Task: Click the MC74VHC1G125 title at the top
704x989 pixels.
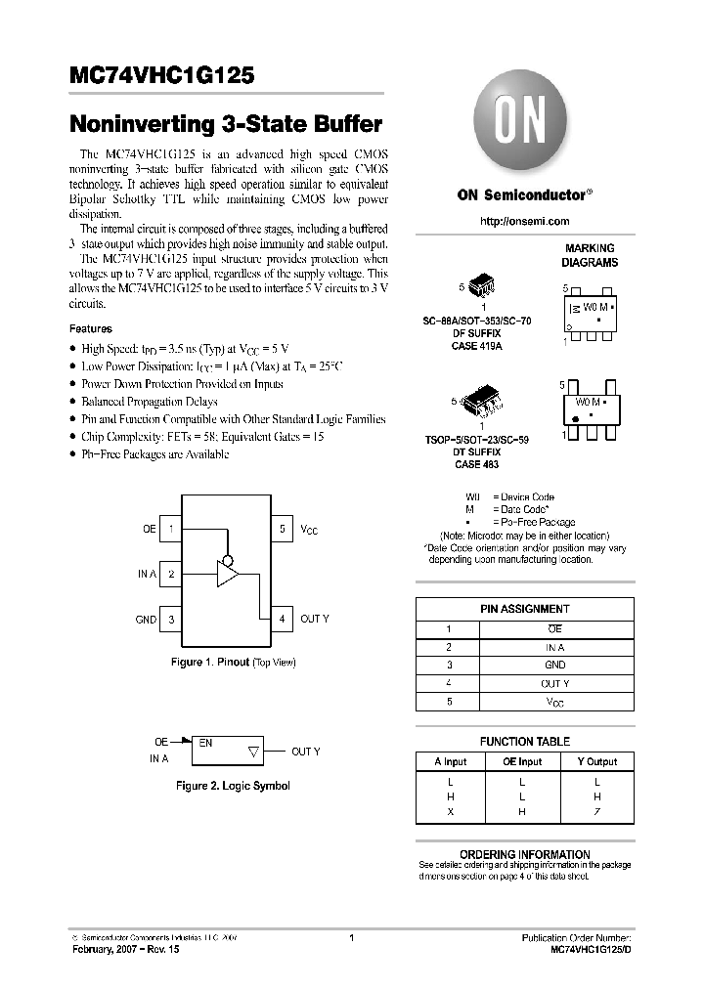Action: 163,76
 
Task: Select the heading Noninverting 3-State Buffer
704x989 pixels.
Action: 225,124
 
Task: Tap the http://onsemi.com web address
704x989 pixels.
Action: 524,222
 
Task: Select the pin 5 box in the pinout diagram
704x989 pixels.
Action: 282,529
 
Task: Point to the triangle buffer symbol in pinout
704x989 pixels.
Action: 227,575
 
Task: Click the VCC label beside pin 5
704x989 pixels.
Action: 309,530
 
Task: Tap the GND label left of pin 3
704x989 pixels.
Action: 146,619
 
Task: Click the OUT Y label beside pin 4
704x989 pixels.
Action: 315,619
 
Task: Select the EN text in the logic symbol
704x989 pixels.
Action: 205,743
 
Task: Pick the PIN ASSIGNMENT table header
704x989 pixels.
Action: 524,609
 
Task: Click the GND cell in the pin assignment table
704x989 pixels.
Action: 554,665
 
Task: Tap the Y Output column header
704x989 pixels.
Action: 595,761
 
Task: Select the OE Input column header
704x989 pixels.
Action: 522,761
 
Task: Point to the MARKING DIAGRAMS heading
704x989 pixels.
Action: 589,256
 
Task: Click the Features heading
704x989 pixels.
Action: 91,329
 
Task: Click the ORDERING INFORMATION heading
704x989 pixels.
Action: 524,854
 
